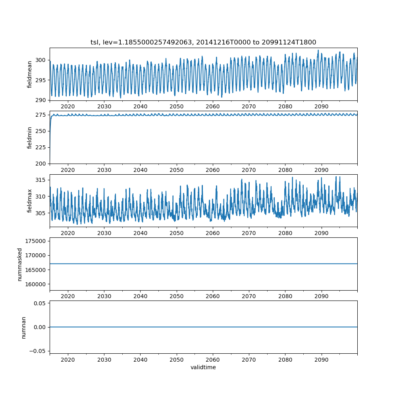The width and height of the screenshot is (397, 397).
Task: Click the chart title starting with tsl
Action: (203, 42)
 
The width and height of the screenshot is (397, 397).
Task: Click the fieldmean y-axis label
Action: (30, 74)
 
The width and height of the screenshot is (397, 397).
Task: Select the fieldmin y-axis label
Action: (30, 137)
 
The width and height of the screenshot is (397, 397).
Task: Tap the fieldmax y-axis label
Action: (30, 201)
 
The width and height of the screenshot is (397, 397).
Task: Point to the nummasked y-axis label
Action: (20, 264)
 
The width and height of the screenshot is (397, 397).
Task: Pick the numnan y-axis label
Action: (23, 328)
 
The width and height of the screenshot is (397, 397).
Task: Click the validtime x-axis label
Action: (203, 368)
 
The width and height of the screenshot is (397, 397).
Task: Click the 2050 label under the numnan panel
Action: (177, 359)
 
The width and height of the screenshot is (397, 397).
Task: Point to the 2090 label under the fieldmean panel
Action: (321, 106)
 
